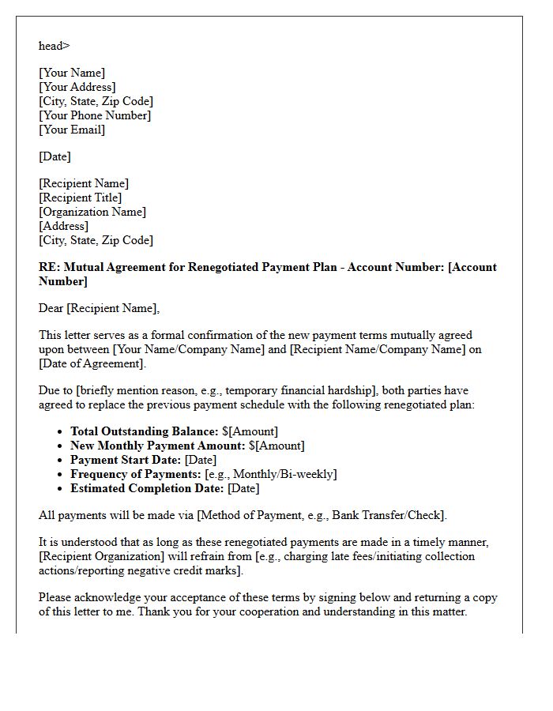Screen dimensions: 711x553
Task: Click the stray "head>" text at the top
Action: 54,46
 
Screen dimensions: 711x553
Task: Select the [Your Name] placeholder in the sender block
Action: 72,73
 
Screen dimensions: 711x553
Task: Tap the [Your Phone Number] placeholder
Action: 95,115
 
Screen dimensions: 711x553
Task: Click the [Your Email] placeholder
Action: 72,130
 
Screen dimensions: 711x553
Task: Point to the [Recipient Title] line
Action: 81,197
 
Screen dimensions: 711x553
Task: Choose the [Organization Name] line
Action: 92,212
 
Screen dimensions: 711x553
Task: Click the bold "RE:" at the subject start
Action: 49,267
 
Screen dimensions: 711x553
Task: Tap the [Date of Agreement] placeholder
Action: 92,363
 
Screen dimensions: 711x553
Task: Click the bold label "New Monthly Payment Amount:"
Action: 158,446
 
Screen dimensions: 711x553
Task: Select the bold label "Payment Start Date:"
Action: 126,460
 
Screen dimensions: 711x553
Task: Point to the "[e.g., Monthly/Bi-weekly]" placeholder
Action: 271,474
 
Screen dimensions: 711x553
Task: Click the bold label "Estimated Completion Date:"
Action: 147,488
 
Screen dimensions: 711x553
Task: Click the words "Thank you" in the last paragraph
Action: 163,611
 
